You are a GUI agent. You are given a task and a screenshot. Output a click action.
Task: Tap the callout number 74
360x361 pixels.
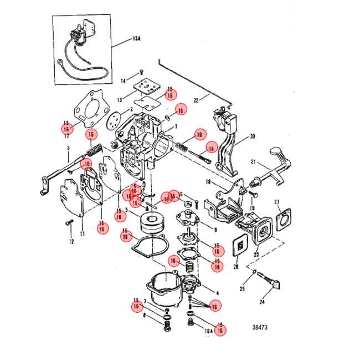pos(124,81)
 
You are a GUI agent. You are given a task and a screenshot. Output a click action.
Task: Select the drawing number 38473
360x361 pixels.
pos(258,328)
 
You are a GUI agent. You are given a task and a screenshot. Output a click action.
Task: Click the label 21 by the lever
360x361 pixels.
pos(252,162)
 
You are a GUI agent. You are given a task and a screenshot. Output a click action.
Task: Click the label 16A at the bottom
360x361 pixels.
pos(208,331)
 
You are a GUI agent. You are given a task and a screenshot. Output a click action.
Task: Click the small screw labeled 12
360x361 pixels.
pos(69,222)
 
